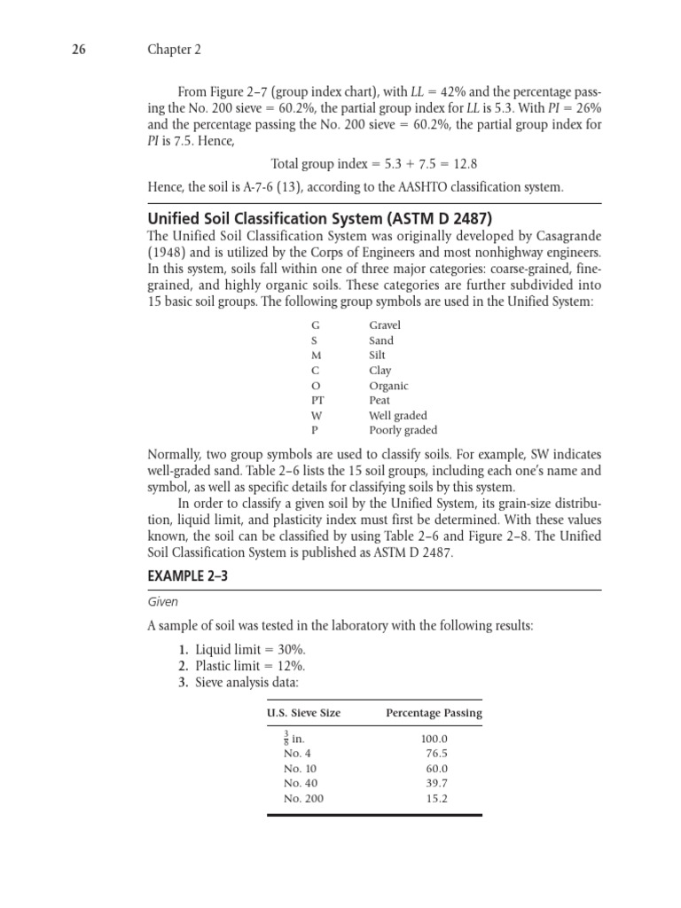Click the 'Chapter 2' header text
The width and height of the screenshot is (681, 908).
[x=174, y=51]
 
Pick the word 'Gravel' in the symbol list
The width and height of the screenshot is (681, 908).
[x=385, y=325]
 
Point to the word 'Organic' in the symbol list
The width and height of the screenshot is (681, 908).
[x=388, y=386]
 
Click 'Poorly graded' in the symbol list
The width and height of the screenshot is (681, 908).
[x=403, y=431]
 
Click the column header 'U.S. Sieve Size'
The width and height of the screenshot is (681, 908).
[x=304, y=713]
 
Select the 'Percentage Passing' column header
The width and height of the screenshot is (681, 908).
[x=434, y=713]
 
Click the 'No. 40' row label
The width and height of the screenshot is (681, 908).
[x=301, y=784]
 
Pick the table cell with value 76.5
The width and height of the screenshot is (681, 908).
[x=436, y=754]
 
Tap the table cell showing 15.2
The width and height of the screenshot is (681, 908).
[x=436, y=799]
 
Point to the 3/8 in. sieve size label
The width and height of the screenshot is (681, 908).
[x=293, y=739]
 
